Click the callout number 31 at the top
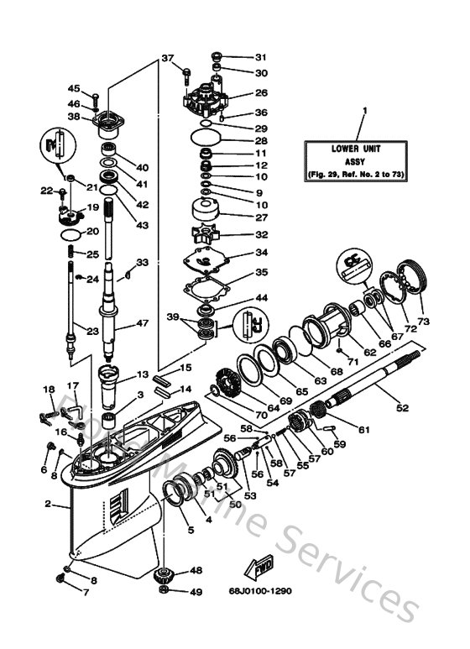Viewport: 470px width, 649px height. pos(260,57)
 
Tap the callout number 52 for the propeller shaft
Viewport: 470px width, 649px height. pos(402,408)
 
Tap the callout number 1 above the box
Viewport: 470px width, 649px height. pos(364,110)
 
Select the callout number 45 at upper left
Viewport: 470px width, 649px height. pos(73,89)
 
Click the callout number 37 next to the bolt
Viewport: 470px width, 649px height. pos(167,58)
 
